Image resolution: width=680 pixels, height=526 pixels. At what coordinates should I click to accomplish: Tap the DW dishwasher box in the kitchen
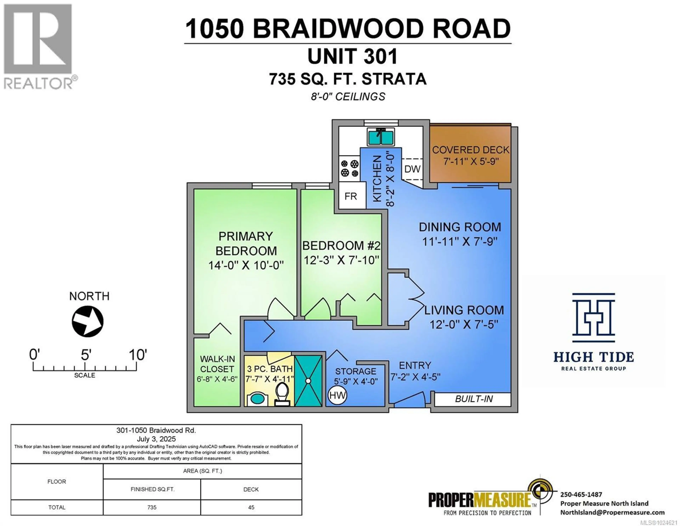pos(412,169)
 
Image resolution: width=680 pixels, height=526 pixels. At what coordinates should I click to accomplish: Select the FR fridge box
pos(351,196)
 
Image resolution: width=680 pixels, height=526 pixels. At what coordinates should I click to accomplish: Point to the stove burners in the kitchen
pos(349,168)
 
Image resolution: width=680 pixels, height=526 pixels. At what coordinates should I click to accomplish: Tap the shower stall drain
pos(308,381)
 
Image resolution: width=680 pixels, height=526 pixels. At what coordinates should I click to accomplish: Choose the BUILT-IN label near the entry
pos(474,399)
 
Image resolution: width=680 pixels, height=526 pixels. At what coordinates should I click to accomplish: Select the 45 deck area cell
pos(251,507)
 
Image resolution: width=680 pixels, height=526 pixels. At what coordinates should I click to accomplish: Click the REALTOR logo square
pos(38,39)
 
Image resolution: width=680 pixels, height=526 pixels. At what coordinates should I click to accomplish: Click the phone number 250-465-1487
pos(581,494)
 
